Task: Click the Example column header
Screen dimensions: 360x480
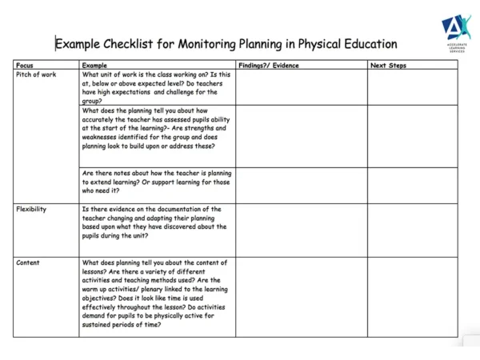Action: pos(94,65)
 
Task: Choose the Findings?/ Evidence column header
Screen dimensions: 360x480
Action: pos(268,65)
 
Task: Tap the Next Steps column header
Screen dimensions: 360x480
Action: pos(388,65)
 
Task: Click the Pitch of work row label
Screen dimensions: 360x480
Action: pos(36,74)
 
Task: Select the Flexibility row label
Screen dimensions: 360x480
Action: pos(31,209)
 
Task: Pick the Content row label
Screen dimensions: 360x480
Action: pos(28,262)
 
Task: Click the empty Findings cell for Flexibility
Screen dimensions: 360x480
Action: pos(301,230)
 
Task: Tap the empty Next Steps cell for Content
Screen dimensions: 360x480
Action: pos(413,296)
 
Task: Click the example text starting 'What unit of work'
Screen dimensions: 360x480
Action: pos(156,87)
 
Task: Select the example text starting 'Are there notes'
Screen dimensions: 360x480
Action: pos(156,182)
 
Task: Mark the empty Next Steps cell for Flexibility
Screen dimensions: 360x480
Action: pos(413,230)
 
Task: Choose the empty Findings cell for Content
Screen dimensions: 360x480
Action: pos(301,296)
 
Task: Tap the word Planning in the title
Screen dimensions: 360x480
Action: pos(256,44)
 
